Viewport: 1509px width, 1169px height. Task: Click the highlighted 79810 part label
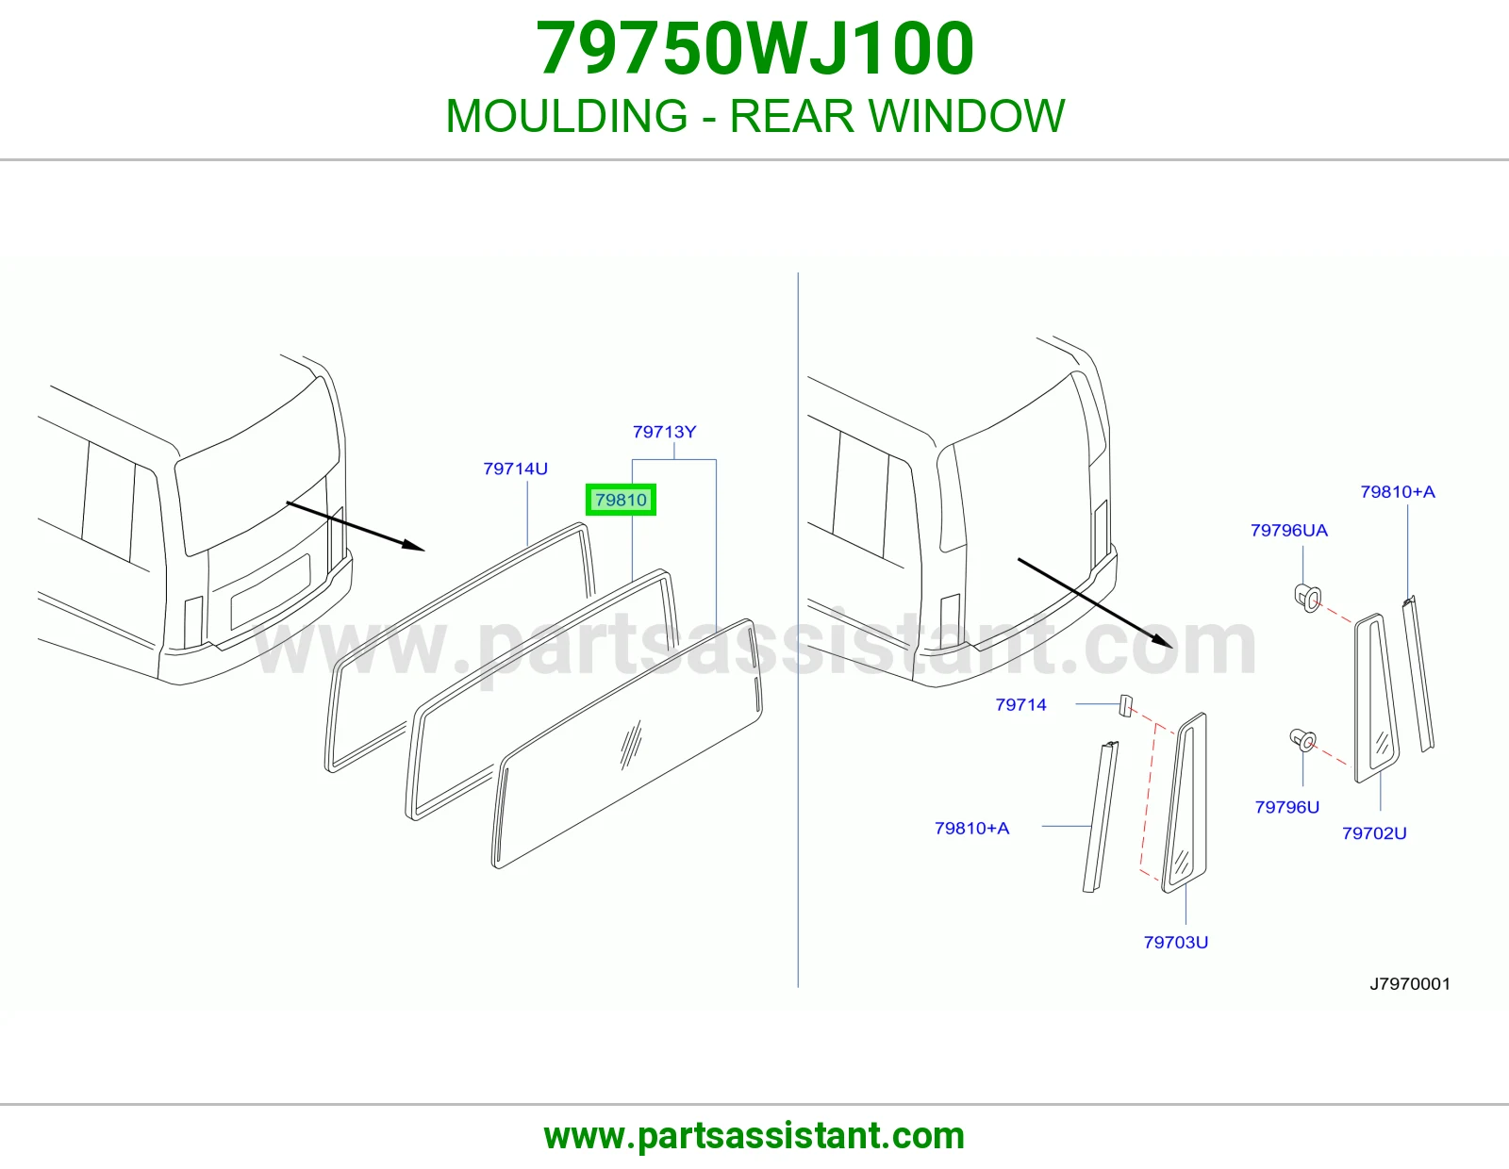[621, 500]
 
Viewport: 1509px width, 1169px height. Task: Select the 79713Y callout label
[664, 432]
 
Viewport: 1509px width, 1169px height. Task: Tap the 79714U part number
[515, 469]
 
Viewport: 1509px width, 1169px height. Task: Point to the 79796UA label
[1289, 531]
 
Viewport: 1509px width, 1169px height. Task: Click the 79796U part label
[1286, 807]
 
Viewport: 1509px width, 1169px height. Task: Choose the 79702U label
[1374, 833]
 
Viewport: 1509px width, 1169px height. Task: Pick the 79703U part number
[1176, 942]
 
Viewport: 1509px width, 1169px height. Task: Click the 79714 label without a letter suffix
[1020, 704]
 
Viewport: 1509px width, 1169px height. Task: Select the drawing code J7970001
[1410, 983]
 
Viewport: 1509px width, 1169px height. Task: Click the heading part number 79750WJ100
[754, 48]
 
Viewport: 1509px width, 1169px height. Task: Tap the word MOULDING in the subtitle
[567, 116]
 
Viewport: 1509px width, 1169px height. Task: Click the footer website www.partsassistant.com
[754, 1136]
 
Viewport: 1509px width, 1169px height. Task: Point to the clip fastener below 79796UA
[1307, 598]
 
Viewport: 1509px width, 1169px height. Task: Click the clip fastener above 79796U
[1302, 740]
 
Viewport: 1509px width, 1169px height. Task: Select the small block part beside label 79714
[1125, 705]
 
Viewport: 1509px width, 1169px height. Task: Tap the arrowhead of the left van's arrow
[414, 546]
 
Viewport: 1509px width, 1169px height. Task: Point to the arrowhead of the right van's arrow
[1163, 641]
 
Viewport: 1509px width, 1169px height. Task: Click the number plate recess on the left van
[270, 591]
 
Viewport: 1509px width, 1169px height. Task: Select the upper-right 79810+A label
[1397, 491]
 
